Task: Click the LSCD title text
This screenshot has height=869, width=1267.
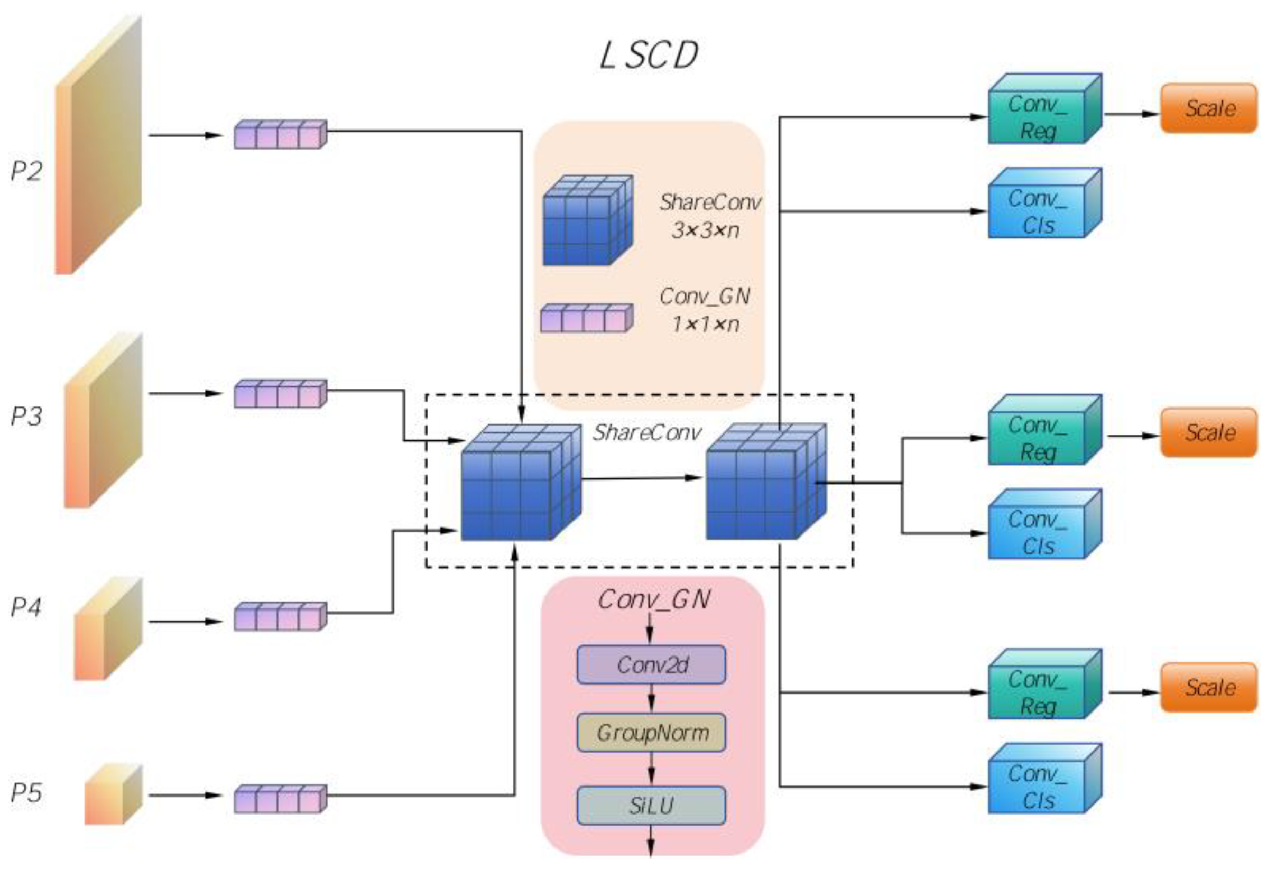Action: pos(649,56)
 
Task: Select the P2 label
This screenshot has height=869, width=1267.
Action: pos(26,171)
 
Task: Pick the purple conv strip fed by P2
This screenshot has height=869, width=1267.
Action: pos(280,135)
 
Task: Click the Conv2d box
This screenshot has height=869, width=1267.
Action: pos(651,664)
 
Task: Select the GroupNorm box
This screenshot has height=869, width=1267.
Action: pos(651,733)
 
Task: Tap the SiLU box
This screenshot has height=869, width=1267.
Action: pos(651,806)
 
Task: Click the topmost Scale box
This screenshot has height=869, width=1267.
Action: pos(1209,108)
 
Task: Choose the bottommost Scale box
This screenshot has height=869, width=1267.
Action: pos(1209,688)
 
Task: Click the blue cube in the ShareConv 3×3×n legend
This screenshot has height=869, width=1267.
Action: pos(587,221)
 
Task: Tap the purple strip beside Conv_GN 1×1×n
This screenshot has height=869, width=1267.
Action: pos(586,318)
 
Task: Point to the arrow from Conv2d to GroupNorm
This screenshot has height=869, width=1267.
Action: pos(651,698)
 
